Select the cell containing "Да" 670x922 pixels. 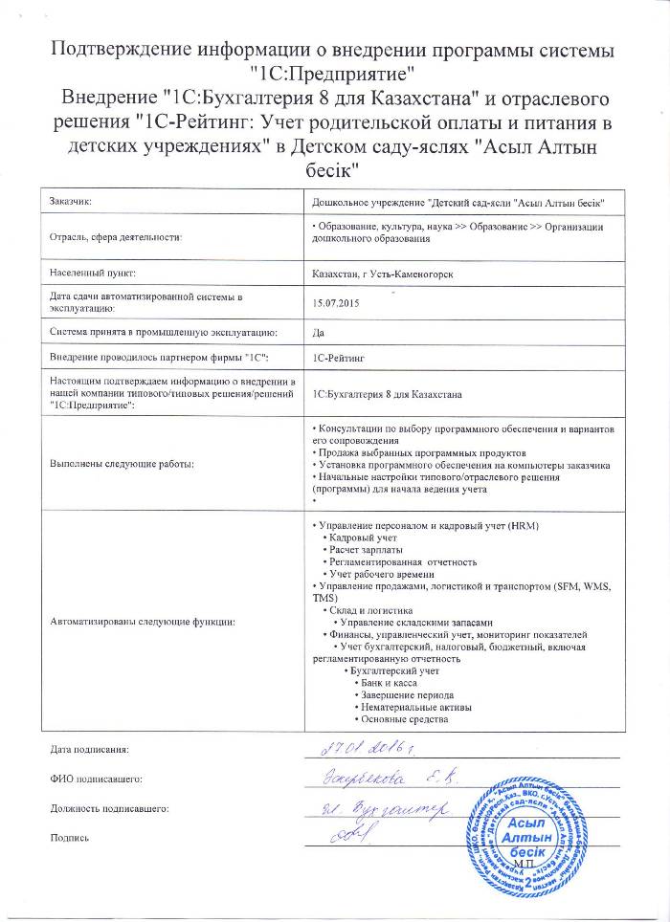pos(319,332)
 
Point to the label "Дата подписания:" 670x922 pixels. pos(88,749)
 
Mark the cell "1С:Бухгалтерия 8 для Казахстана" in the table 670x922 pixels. pos(388,393)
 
